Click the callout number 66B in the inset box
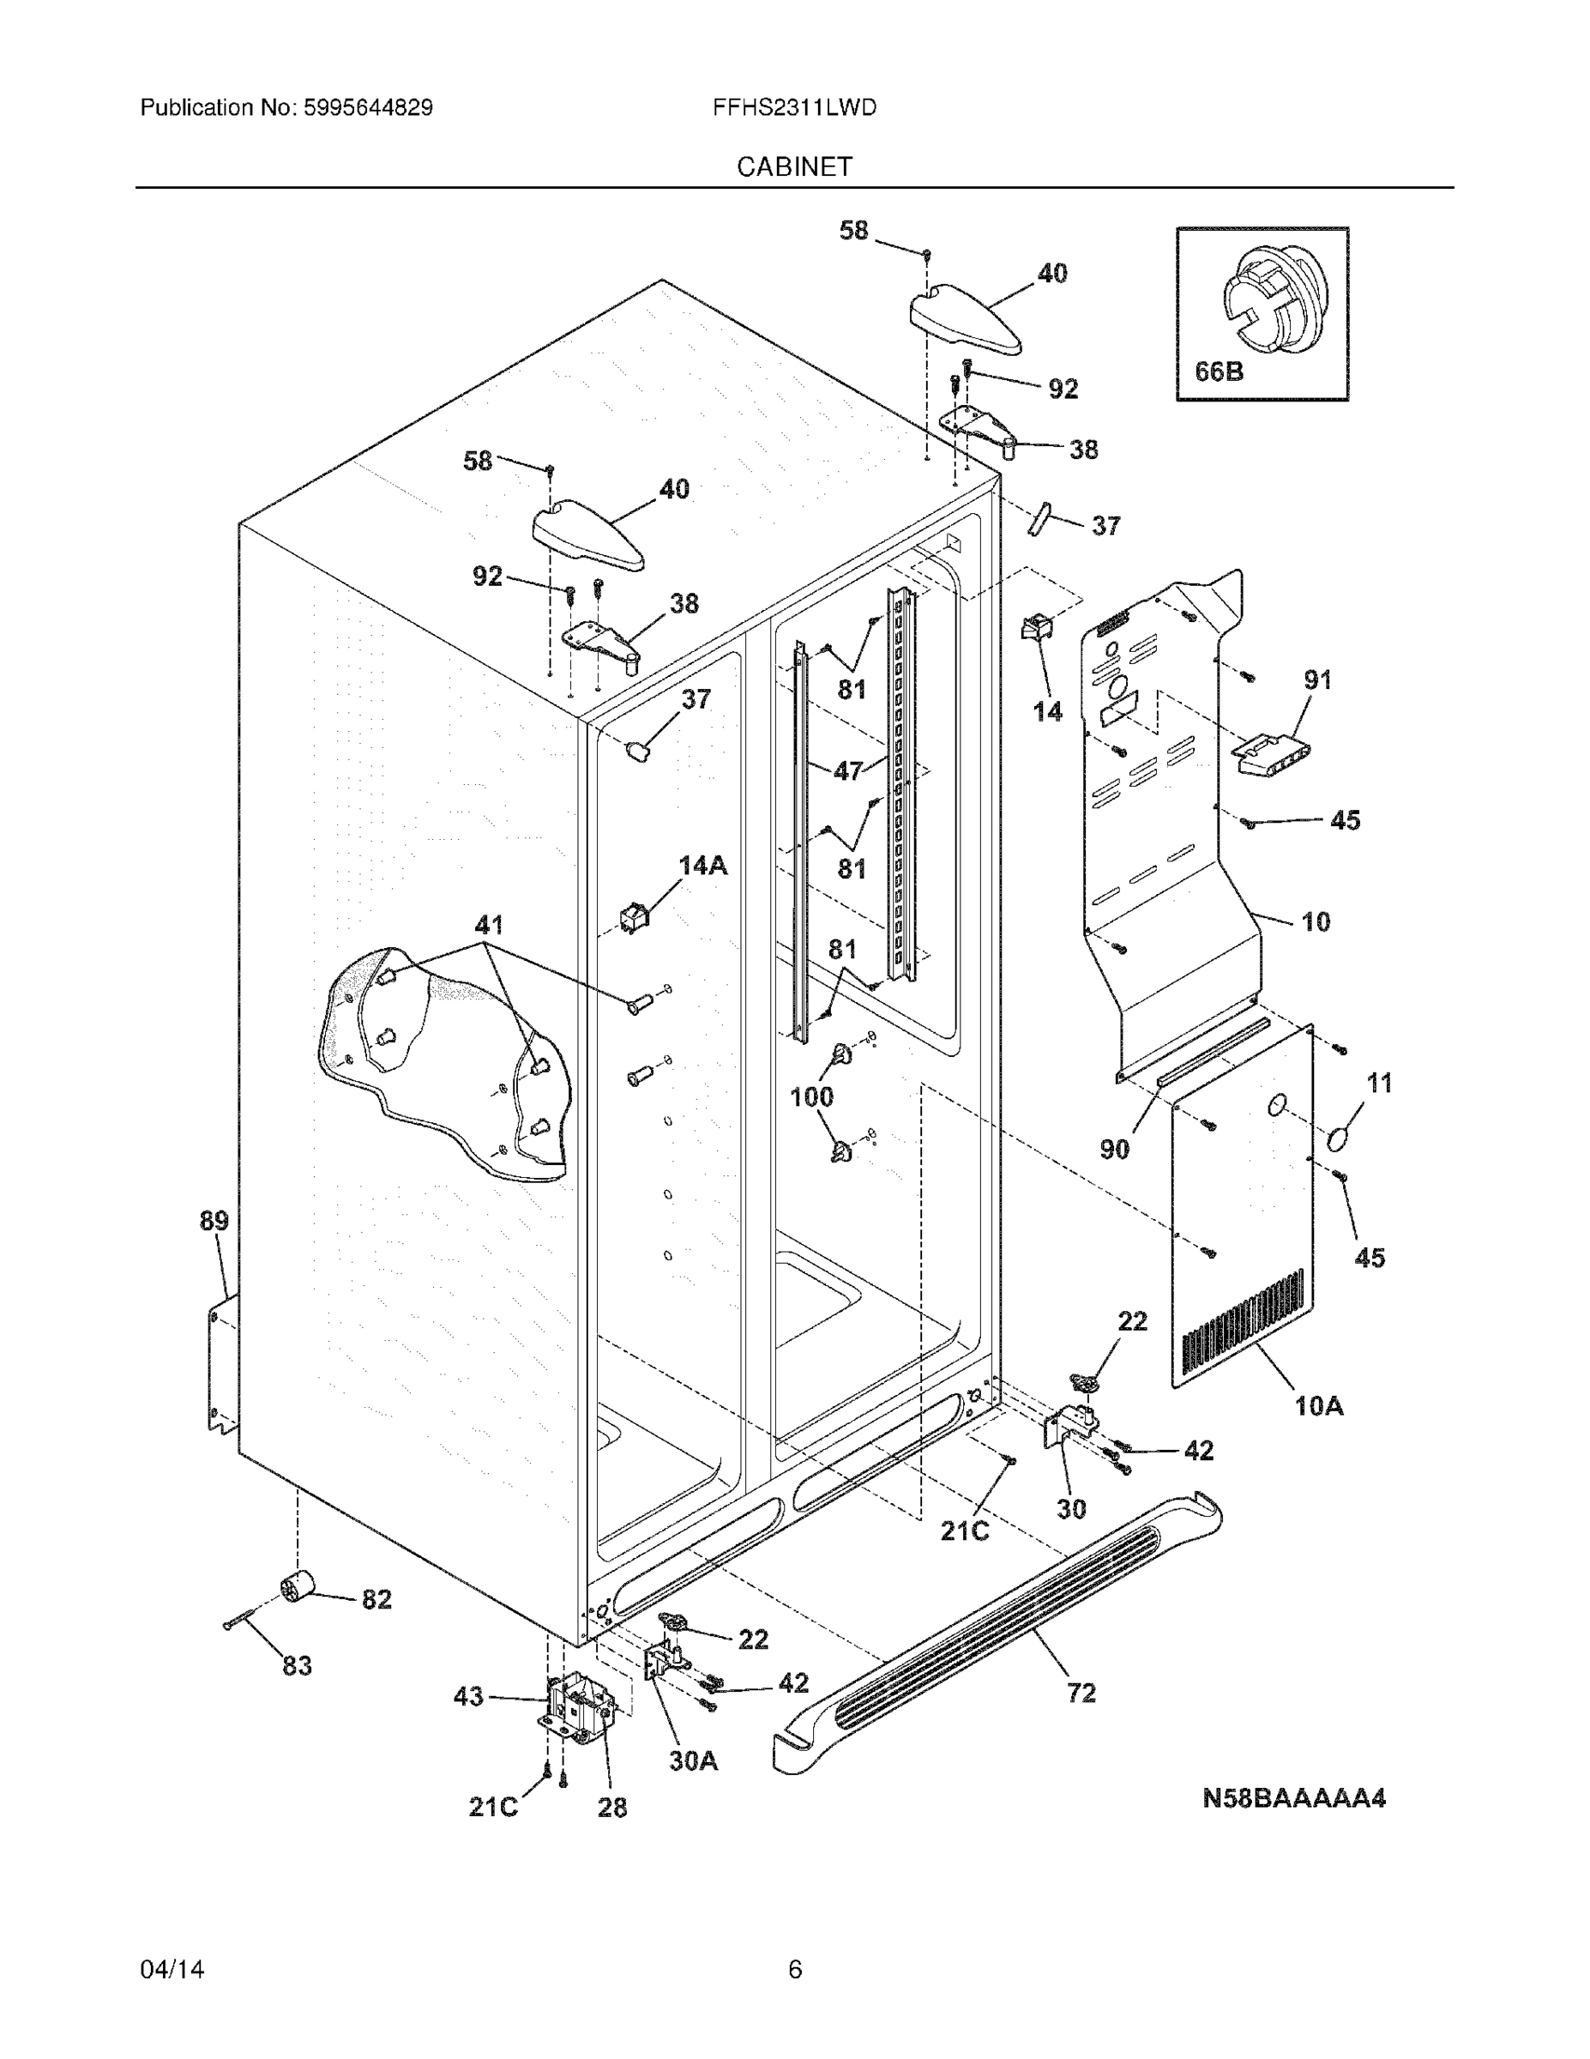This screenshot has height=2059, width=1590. coord(1218,371)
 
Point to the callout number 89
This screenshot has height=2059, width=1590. coord(214,1221)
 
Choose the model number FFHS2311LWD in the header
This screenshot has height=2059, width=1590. coord(793,107)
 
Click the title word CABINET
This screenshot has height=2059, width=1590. coord(793,167)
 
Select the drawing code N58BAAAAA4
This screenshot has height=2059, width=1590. coord(1293,1799)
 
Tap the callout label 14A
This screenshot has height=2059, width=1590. coord(703,866)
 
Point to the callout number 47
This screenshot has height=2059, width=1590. coord(847,770)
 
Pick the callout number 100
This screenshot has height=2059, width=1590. coord(811,1096)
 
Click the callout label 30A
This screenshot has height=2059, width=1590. coord(693,1760)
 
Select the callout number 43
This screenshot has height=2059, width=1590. coord(468,1697)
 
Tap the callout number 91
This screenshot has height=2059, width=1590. coord(1316,679)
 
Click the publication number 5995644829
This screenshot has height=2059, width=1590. coord(368,107)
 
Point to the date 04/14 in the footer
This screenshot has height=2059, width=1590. coord(172,1969)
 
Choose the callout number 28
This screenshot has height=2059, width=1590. coord(611,1808)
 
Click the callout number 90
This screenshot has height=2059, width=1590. coord(1114,1150)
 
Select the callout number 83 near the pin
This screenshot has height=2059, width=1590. coord(297,1666)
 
